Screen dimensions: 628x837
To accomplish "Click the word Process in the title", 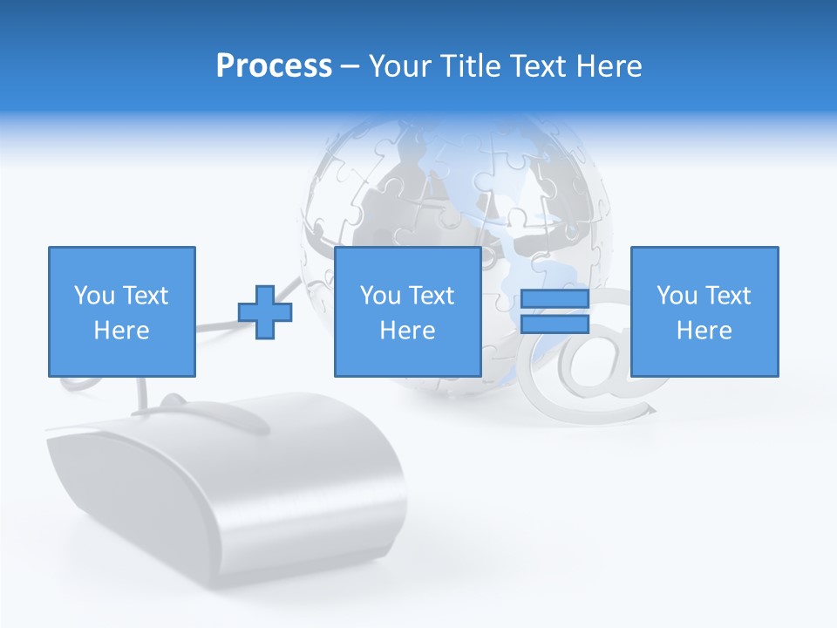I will click(x=274, y=65).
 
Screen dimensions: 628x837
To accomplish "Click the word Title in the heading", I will click(x=471, y=65).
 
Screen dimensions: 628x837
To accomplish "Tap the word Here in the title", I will click(x=608, y=65).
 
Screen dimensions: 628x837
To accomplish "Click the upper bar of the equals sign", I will click(x=555, y=300).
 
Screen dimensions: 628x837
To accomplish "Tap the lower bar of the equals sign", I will click(x=555, y=324).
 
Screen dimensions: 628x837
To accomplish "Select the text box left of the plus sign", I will click(x=121, y=311).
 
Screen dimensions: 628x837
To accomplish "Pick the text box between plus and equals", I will click(x=407, y=311).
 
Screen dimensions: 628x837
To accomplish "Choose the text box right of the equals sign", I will click(x=704, y=311).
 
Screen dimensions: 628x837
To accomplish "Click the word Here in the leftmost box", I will click(x=121, y=331).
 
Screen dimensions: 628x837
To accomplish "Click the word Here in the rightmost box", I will click(x=704, y=331).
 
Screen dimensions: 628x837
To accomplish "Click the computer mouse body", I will click(x=227, y=488).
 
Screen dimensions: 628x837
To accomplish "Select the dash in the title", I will click(x=350, y=66).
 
